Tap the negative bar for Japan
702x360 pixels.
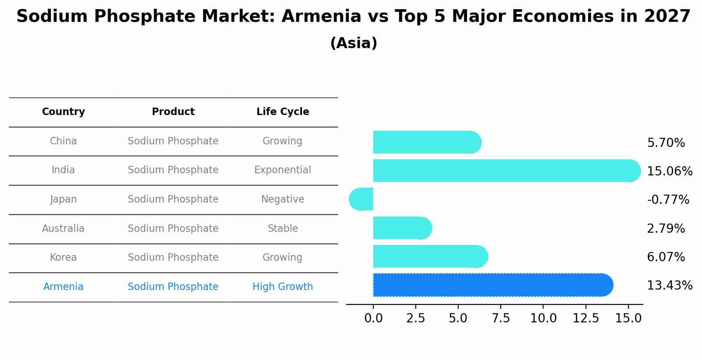(x=362, y=199)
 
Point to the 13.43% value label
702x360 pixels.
(x=669, y=286)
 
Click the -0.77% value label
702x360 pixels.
(x=668, y=200)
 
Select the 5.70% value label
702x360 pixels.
(x=666, y=143)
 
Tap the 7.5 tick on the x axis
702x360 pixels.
(x=500, y=318)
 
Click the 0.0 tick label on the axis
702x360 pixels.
(x=373, y=318)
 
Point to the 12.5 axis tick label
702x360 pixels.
(x=586, y=318)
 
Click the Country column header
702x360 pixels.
(x=63, y=112)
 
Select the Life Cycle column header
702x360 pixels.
(x=283, y=112)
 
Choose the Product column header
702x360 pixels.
(x=173, y=112)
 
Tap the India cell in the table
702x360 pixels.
(x=63, y=170)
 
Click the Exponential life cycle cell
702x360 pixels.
(x=283, y=170)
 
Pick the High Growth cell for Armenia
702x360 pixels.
(x=283, y=287)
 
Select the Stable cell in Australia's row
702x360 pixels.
(x=283, y=229)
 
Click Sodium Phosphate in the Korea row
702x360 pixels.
(x=173, y=258)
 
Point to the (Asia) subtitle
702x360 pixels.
(x=354, y=43)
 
